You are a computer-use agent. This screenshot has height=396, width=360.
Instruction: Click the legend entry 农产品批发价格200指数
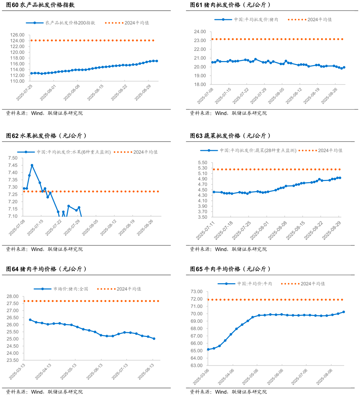[x=70, y=23]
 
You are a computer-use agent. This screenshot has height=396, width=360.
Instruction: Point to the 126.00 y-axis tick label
[x=18, y=35]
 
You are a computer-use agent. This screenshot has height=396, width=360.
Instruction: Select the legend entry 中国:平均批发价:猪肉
[x=256, y=20]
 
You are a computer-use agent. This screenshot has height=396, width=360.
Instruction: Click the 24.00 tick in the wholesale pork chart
[x=200, y=32]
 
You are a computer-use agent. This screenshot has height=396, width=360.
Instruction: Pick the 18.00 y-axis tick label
[x=200, y=84]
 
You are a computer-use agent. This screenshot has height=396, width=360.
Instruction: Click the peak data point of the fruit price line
[x=32, y=165]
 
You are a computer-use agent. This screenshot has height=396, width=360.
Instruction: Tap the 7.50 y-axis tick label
[x=13, y=158]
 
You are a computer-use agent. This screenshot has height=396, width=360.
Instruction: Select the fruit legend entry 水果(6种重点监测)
[x=74, y=152]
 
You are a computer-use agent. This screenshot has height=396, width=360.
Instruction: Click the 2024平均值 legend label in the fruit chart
[x=145, y=152]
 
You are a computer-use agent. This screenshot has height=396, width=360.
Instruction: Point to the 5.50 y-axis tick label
[x=203, y=163]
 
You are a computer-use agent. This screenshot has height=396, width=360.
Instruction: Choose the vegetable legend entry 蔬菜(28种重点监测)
[x=258, y=151]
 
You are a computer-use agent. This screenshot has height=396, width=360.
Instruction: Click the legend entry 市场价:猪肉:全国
[x=71, y=289]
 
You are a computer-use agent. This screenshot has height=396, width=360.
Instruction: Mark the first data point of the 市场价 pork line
[x=30, y=320]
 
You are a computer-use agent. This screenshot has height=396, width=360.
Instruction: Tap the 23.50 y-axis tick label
[x=13, y=360]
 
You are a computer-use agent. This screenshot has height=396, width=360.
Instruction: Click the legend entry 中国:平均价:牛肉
[x=255, y=284]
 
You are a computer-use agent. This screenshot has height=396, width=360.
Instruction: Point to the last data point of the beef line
[x=344, y=312]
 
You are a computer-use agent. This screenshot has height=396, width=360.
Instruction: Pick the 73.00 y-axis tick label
[x=197, y=292]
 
